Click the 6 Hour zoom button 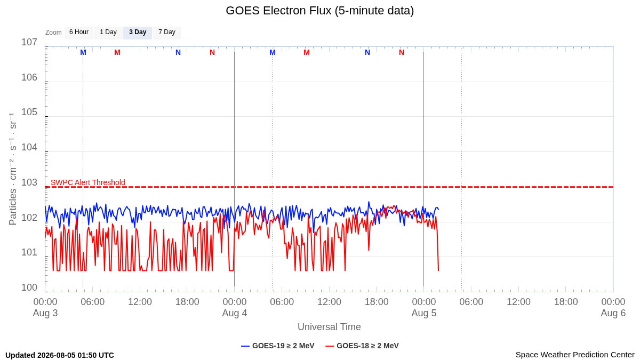pos(79,33)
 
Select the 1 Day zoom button pos(108,33)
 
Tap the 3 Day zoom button pos(138,33)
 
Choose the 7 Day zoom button pos(167,33)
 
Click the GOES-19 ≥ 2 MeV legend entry pos(278,346)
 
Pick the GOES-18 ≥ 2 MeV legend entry pos(362,346)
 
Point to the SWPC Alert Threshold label pos(88,182)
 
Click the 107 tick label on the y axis pos(29,42)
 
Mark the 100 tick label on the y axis pos(29,287)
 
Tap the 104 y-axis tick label pos(29,147)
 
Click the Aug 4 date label pos(235,313)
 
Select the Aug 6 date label pos(613,313)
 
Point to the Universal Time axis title pos(329,327)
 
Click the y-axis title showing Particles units pos(12,169)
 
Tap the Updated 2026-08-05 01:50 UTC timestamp pos(60,355)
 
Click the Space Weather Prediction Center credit pos(575,355)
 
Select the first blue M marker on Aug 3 pos(83,53)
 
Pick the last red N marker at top pos(402,53)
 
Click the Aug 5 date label pos(423,313)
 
